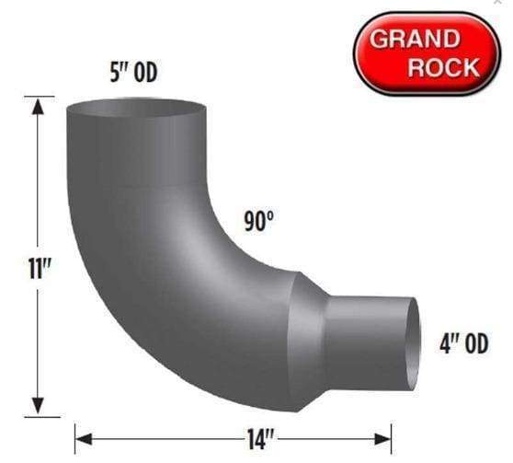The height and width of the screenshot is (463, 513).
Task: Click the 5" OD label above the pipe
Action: point(132,73)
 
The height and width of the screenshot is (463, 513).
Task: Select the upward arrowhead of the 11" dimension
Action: point(38,108)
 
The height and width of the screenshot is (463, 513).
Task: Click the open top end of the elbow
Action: point(135,108)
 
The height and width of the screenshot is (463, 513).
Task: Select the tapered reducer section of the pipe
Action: point(308,341)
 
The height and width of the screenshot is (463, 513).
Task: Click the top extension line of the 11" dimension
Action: point(41,97)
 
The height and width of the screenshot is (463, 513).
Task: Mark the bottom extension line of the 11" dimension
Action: point(41,416)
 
